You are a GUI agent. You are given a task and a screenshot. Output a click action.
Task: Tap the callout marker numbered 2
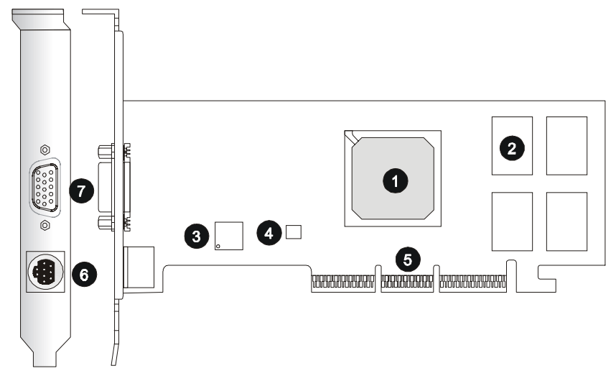click(512, 148)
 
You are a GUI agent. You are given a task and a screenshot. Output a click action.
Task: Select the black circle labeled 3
click(197, 235)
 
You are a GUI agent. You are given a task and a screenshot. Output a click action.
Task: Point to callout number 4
click(269, 232)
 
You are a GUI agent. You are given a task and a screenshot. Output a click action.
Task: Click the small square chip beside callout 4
click(293, 231)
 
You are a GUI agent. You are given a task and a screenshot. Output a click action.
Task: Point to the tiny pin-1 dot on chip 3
click(219, 246)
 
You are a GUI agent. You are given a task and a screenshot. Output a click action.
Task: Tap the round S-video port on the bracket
click(45, 272)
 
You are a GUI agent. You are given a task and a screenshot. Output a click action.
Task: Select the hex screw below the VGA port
click(45, 226)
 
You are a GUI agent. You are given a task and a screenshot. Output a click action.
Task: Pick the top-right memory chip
click(566, 145)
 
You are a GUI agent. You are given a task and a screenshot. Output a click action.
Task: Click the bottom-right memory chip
click(566, 221)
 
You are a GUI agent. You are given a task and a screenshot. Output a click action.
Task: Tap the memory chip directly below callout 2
click(512, 221)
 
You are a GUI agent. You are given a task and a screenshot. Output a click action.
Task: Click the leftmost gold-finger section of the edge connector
click(343, 283)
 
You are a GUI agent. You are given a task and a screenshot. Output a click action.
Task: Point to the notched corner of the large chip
click(351, 136)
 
